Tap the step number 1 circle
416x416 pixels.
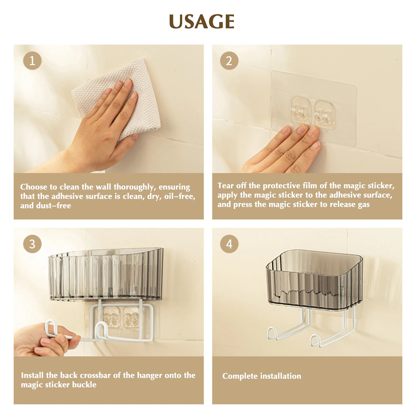pos(32,61)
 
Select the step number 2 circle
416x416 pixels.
pos(229,61)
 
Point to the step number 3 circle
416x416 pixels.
pos(32,244)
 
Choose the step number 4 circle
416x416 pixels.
pos(229,244)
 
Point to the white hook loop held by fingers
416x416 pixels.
pos(51,328)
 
